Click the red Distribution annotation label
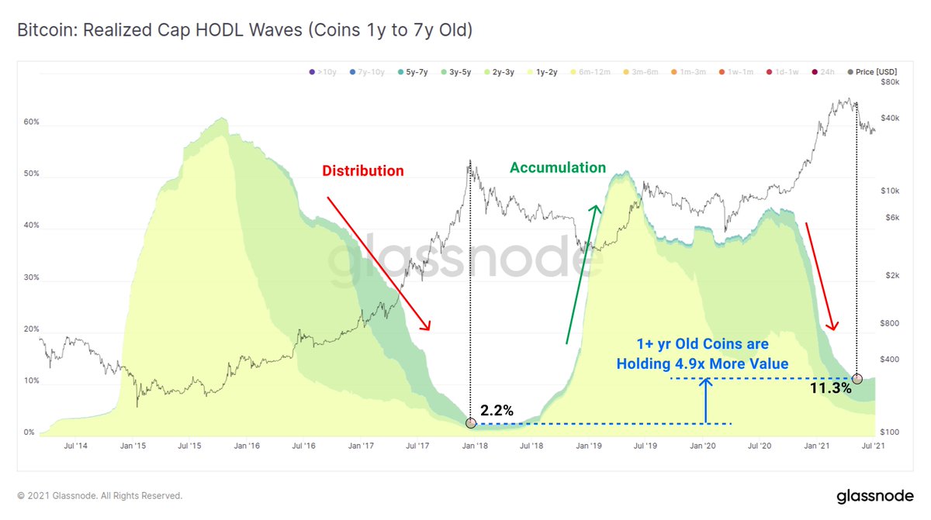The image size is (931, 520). (x=362, y=170)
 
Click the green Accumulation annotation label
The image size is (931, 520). (x=557, y=167)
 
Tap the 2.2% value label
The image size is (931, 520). (x=497, y=411)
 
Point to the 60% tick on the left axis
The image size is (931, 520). (x=31, y=122)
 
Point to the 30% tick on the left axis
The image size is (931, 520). (x=31, y=277)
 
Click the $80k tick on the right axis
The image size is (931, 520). (x=889, y=81)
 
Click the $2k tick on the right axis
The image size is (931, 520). (x=891, y=276)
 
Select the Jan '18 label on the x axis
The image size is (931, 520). (x=476, y=446)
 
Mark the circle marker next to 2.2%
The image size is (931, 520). (x=470, y=423)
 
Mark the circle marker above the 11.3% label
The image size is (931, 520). (x=857, y=378)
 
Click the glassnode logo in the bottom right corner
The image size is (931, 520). (x=874, y=495)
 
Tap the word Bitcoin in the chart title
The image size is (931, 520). (x=43, y=31)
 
